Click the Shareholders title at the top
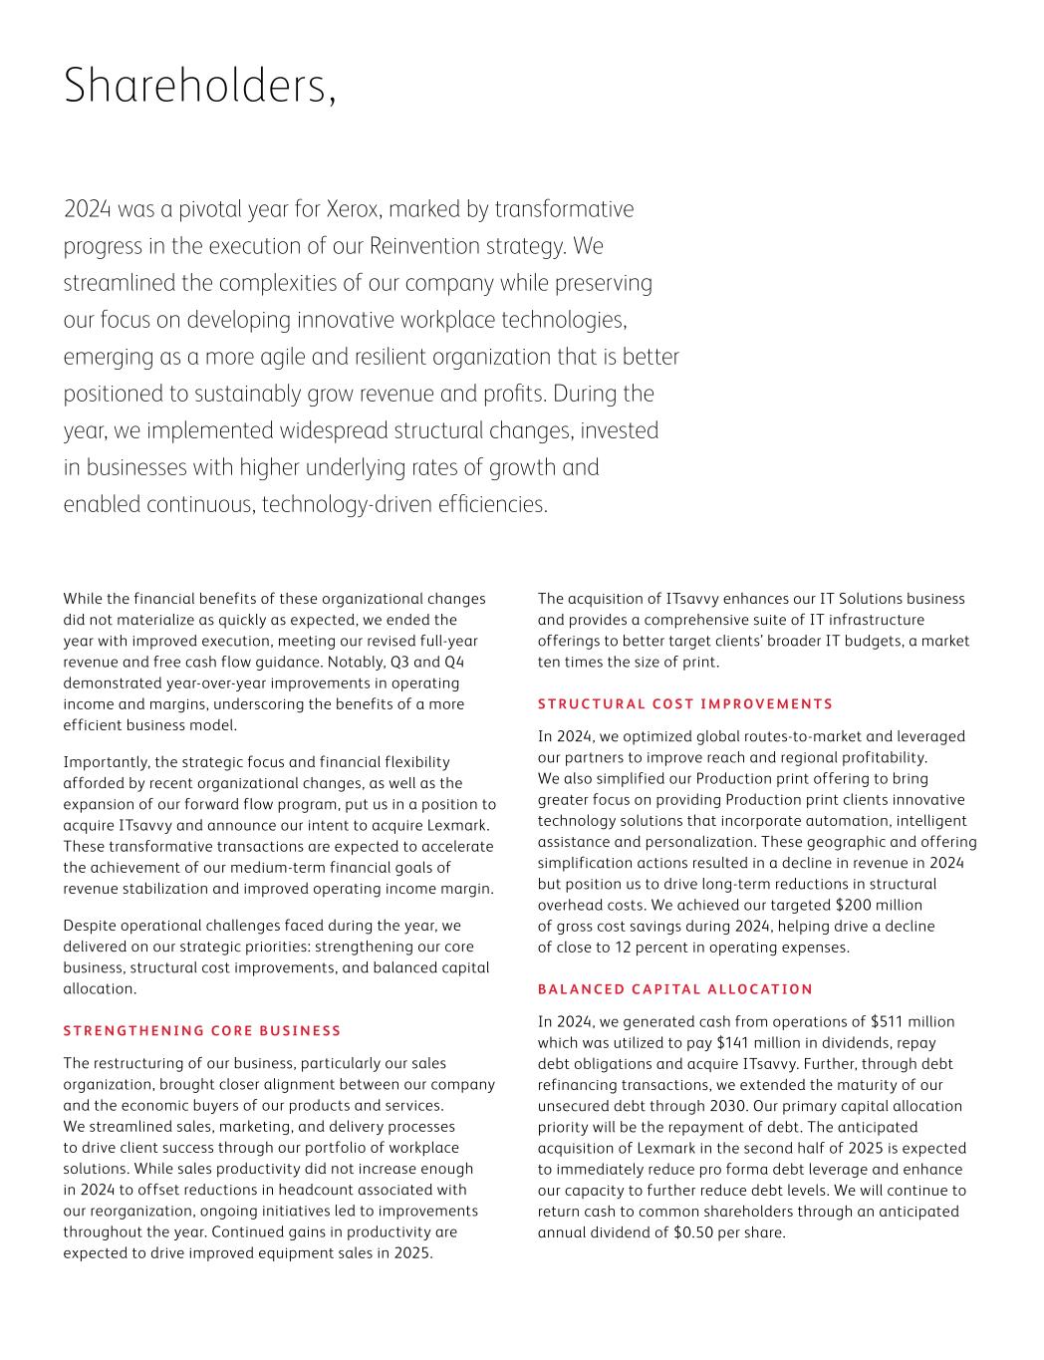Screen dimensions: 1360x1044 coord(199,87)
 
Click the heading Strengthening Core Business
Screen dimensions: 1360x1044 coord(202,1030)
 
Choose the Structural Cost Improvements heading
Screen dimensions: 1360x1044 coord(685,703)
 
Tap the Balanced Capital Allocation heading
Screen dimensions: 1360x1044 coord(675,988)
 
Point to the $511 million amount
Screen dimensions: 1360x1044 coord(913,1021)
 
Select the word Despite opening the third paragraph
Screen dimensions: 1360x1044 coord(92,926)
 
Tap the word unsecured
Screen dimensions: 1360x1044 coord(573,1106)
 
